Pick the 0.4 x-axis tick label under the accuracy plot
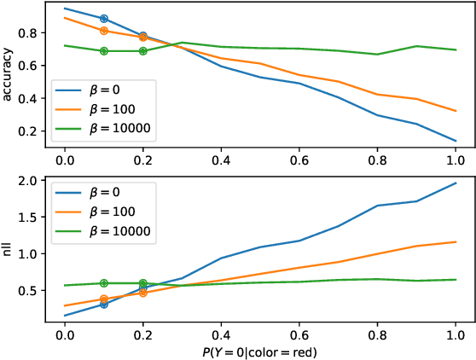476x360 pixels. pyautogui.click(x=221, y=160)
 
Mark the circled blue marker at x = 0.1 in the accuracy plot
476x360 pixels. pyautogui.click(x=104, y=18)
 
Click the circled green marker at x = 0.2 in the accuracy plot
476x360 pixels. pyautogui.click(x=142, y=51)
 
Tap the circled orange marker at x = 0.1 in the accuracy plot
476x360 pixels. pyautogui.click(x=104, y=31)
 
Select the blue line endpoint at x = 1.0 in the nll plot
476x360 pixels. pyautogui.click(x=455, y=183)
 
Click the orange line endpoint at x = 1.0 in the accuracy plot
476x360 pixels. pyautogui.click(x=455, y=111)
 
